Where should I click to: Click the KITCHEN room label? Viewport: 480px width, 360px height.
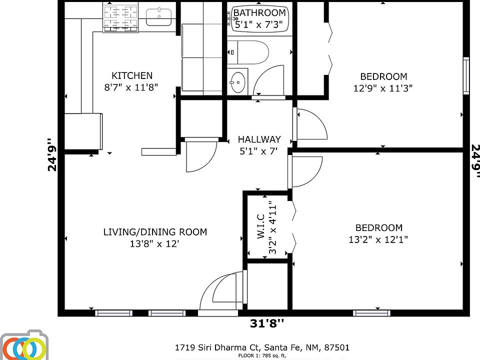[x=132, y=75]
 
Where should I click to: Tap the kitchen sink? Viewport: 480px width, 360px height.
[x=158, y=17]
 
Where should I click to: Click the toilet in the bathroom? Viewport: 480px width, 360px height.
[x=248, y=52]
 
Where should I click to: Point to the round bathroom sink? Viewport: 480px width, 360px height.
[x=237, y=82]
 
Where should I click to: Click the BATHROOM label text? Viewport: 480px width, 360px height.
[x=259, y=13]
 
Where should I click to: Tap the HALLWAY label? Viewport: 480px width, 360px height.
[x=259, y=139]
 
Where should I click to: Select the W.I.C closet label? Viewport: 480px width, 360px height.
[x=261, y=226]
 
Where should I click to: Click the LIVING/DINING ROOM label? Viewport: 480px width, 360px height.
[x=155, y=232]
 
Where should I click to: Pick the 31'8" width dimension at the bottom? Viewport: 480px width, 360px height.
[x=267, y=323]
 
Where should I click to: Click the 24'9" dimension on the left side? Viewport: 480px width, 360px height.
[x=52, y=154]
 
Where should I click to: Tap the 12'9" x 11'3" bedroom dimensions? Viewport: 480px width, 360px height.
[x=383, y=88]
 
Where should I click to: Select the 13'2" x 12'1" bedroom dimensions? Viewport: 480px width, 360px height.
[x=378, y=239]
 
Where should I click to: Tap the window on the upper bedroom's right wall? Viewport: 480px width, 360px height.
[x=466, y=75]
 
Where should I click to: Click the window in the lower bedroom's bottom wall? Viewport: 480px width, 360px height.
[x=371, y=313]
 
